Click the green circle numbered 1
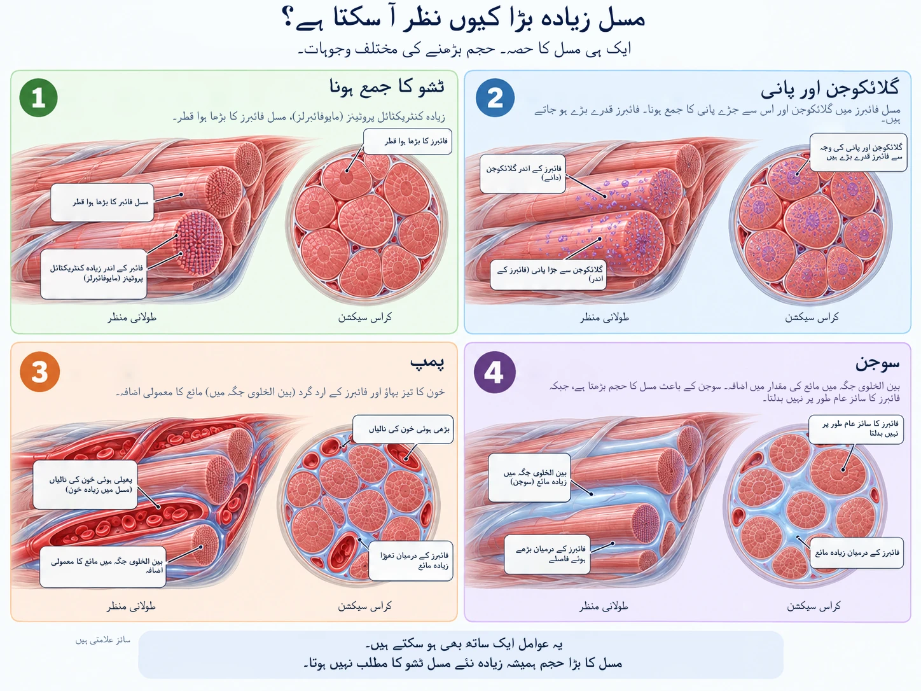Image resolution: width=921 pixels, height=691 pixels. (38, 97)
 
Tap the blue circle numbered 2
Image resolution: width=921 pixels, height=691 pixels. (495, 97)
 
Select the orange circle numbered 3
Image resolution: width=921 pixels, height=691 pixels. (40, 372)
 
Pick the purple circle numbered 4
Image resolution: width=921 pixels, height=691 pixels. (494, 372)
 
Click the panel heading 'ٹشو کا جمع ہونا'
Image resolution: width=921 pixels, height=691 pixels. (387, 87)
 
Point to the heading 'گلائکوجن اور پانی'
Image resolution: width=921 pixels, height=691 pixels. (829, 88)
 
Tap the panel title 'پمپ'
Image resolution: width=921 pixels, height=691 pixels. (427, 362)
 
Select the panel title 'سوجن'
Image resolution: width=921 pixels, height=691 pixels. (877, 363)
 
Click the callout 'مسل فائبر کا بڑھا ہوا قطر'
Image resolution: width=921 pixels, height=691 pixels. (102, 202)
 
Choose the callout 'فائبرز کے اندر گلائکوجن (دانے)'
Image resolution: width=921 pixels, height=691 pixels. (523, 174)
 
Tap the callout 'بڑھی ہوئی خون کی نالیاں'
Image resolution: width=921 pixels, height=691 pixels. (403, 429)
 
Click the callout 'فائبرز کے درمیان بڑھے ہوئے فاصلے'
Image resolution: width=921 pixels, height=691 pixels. (547, 554)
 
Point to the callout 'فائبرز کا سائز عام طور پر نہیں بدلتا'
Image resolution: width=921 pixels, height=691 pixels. (856, 429)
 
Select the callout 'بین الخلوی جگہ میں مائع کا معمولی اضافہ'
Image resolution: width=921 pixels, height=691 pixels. (103, 566)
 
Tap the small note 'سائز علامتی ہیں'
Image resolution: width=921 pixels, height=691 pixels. (103, 640)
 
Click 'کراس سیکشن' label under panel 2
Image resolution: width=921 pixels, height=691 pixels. (812, 317)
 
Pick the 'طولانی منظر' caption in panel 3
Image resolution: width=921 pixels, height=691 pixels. (131, 606)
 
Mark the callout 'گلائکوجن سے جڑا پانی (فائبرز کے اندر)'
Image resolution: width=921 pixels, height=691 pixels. (548, 274)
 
